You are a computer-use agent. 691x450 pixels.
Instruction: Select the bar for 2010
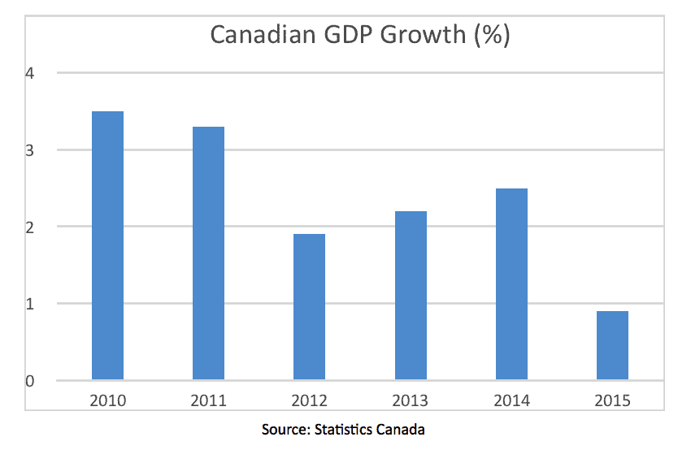(107, 245)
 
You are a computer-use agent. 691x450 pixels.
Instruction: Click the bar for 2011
(208, 253)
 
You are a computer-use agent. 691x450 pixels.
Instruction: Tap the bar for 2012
(309, 307)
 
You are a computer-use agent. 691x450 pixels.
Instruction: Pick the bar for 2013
(411, 296)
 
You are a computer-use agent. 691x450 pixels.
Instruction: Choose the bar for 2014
(511, 284)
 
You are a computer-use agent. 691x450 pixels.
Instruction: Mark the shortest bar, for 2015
(612, 345)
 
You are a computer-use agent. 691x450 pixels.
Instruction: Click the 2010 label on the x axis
(107, 400)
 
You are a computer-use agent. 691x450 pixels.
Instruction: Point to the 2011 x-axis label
(208, 400)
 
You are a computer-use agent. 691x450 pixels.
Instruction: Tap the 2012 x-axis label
(309, 400)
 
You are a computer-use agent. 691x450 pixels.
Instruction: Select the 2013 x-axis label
(411, 400)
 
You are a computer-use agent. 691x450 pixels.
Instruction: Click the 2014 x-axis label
(511, 400)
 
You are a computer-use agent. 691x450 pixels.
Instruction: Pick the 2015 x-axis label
(612, 400)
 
